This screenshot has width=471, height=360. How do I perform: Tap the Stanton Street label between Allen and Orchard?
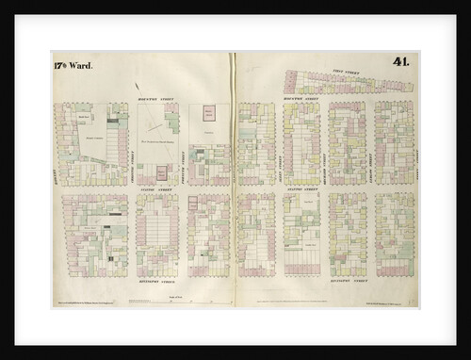point(302,189)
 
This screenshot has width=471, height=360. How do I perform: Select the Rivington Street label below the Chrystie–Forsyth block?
point(157,280)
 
